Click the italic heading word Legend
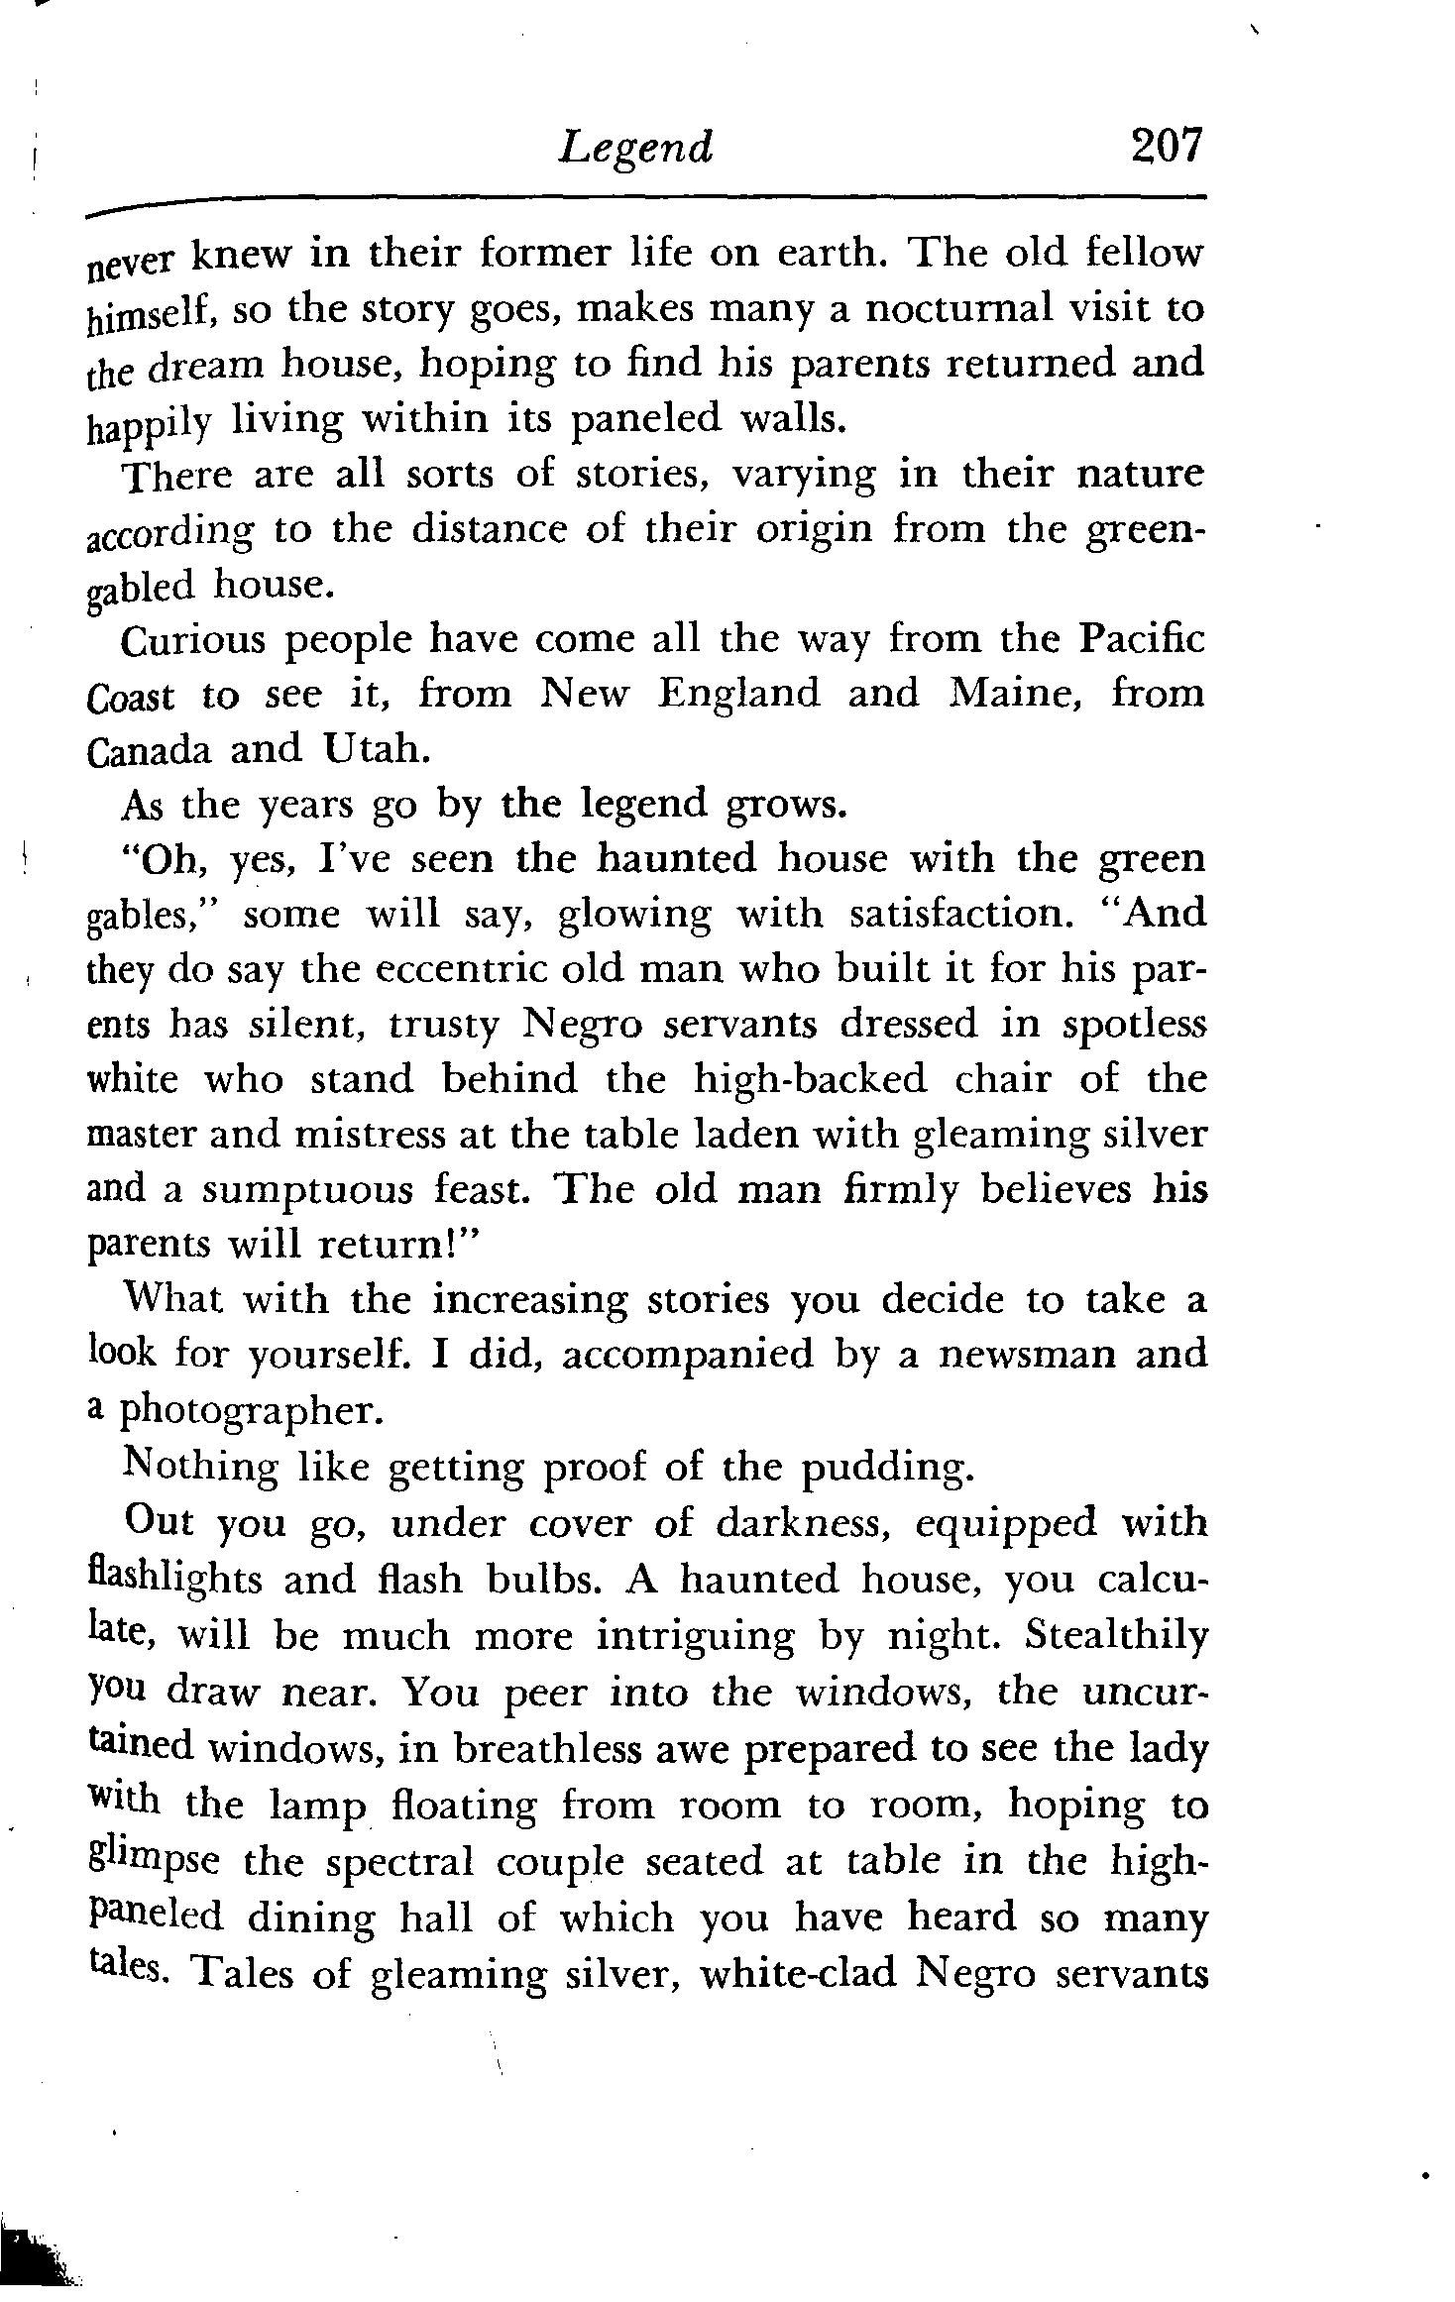tap(635, 149)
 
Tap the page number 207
tap(1165, 146)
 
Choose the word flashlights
tap(175, 1579)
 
